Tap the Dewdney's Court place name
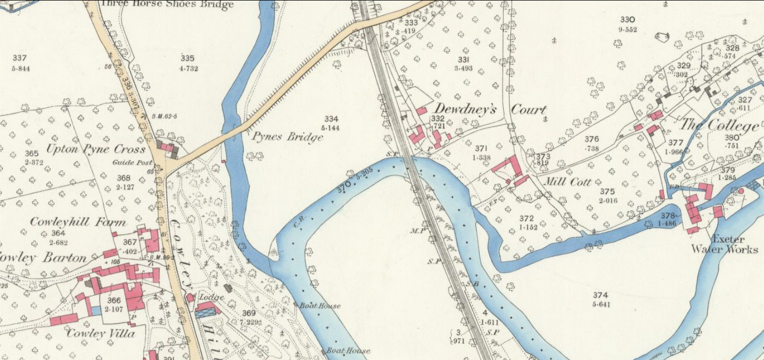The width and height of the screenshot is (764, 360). (x=490, y=109)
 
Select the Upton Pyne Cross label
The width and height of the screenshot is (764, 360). (x=96, y=149)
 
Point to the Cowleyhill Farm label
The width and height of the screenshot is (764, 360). (x=78, y=222)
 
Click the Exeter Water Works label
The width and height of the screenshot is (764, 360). (x=724, y=244)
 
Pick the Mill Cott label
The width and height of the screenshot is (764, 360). (x=567, y=182)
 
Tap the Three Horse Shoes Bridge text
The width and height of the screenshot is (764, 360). (x=167, y=5)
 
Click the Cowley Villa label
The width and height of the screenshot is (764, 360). (x=100, y=333)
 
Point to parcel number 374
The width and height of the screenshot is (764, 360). (x=601, y=295)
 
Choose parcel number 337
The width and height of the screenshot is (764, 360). (x=20, y=58)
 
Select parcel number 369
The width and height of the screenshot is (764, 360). (x=249, y=313)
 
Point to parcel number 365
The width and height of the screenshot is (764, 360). (x=32, y=154)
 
